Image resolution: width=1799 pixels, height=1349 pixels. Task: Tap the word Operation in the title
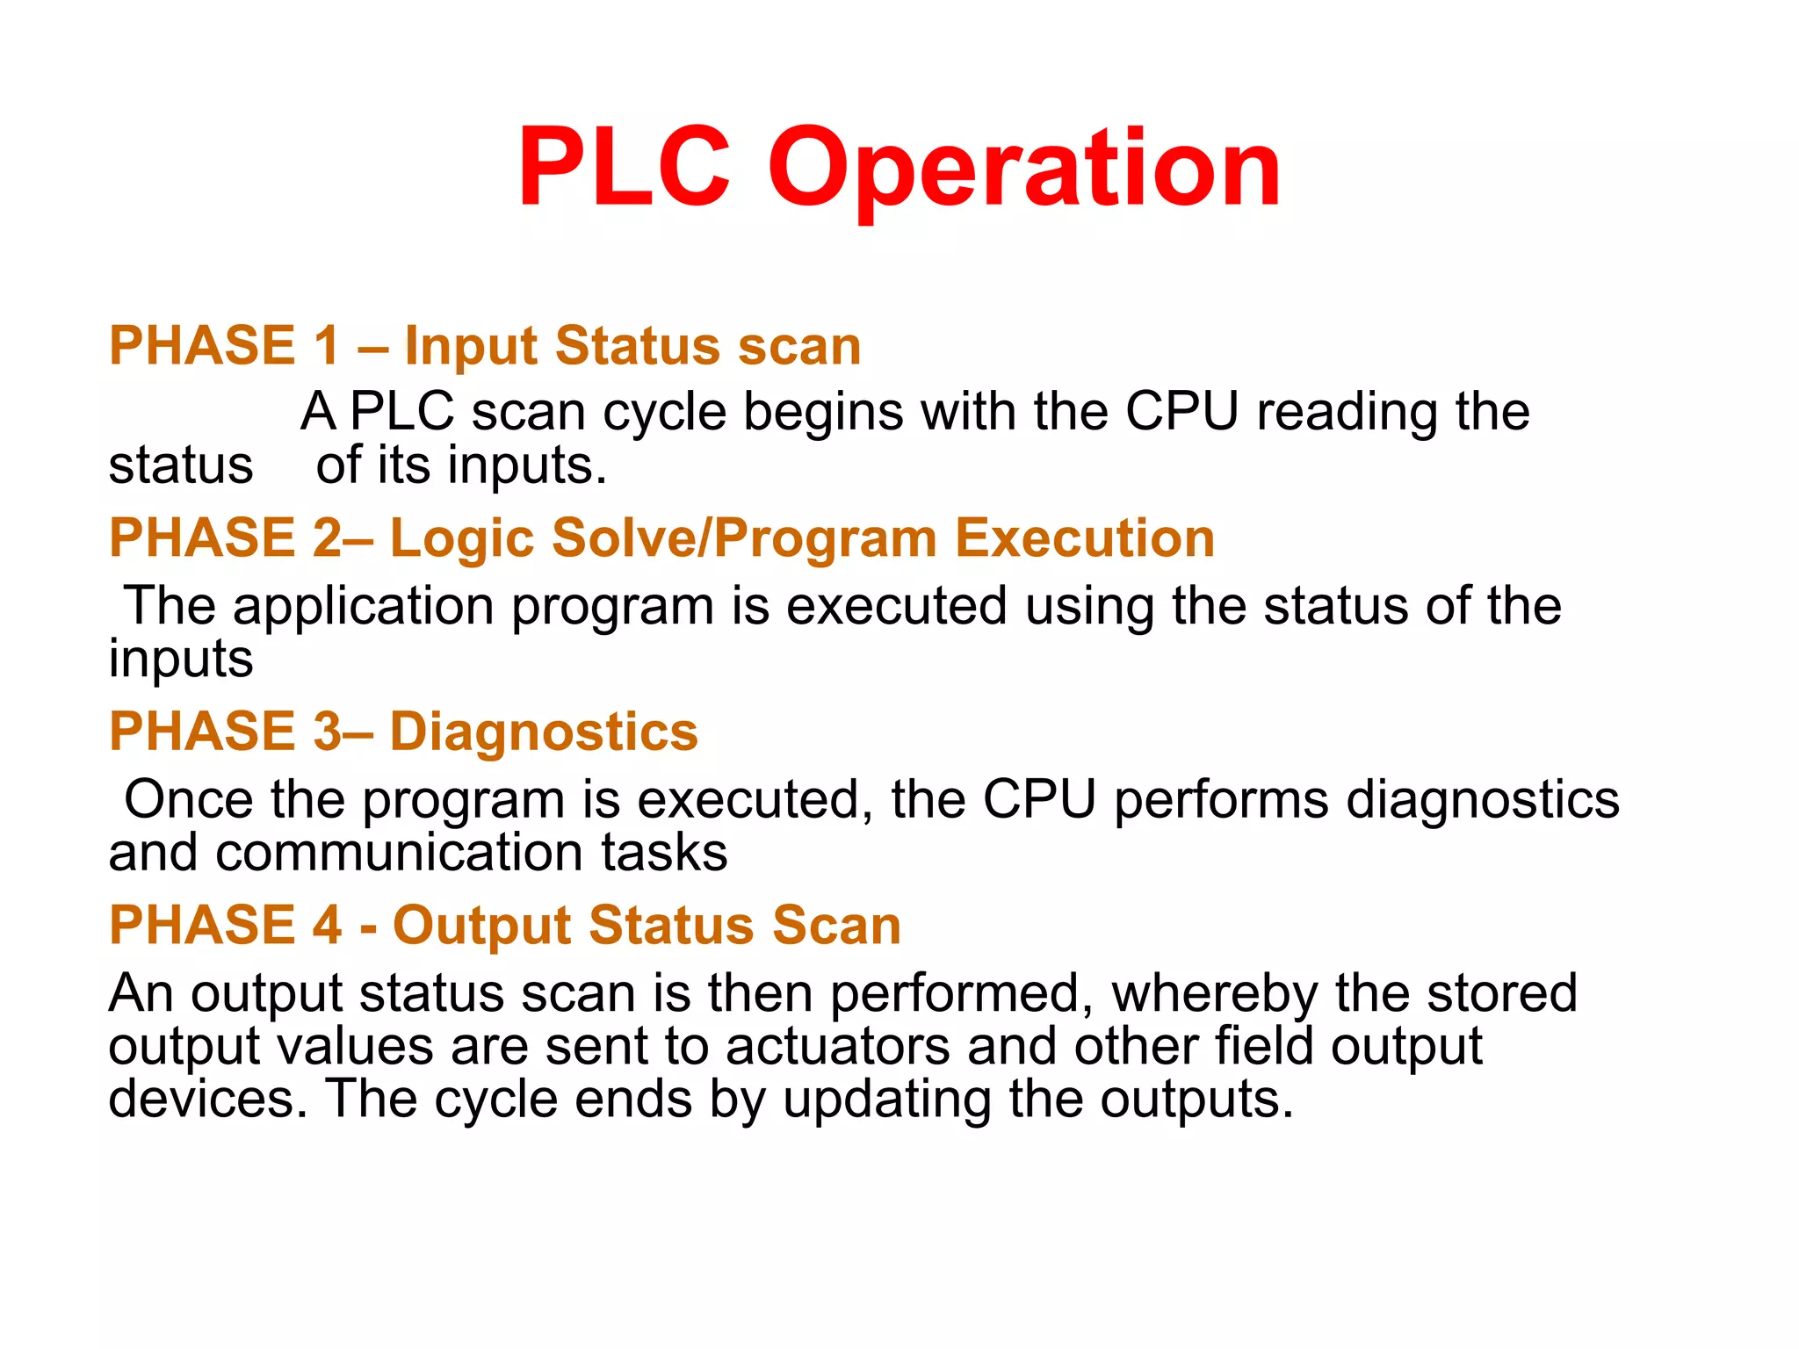(1024, 169)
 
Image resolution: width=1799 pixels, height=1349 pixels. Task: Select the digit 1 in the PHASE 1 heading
(328, 345)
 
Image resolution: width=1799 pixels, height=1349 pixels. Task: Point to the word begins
(823, 413)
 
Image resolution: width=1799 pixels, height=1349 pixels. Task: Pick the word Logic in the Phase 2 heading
(461, 538)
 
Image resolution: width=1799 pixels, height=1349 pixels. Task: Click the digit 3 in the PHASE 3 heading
(328, 732)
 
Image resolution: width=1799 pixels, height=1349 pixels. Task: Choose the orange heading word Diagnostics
(544, 732)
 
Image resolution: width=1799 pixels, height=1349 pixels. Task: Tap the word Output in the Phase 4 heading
(482, 926)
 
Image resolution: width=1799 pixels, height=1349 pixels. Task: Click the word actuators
(838, 1047)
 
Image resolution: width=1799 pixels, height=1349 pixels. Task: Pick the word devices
(208, 1099)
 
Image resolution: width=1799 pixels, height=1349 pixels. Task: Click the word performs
(1221, 800)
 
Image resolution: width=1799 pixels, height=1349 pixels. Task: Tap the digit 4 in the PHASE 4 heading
(328, 926)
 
